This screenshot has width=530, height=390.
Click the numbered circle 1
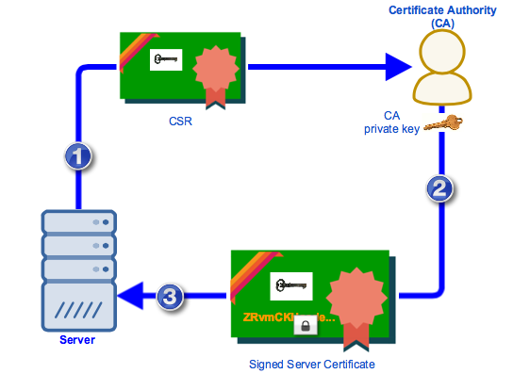[x=78, y=156]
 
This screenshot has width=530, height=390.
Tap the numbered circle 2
[x=439, y=188]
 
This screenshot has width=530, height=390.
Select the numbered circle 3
[x=168, y=297]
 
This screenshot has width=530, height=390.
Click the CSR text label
[x=179, y=122]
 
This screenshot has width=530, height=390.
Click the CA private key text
[x=392, y=122]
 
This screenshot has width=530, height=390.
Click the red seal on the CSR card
[x=214, y=72]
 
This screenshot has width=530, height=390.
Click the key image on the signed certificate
[x=290, y=284]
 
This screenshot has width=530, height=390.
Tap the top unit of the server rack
[x=77, y=223]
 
